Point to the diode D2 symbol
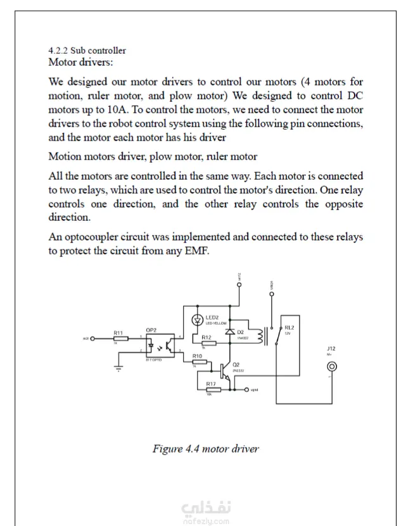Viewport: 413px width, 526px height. pos(231,332)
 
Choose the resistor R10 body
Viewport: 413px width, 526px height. pos(198,363)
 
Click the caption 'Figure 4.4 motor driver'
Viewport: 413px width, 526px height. pos(205,449)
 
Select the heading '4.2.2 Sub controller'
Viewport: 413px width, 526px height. pos(87,50)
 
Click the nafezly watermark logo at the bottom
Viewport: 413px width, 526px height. pos(206,512)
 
